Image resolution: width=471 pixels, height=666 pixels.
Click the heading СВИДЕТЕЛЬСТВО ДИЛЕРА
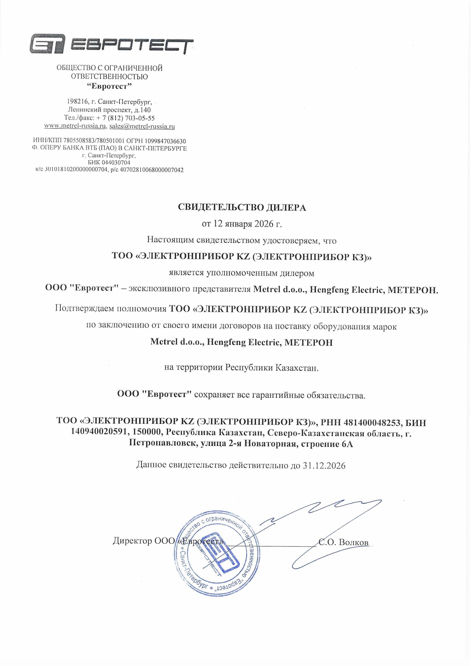[x=242, y=208]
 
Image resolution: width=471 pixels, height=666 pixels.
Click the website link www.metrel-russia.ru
[x=75, y=126]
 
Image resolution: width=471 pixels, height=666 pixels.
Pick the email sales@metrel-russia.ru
[x=142, y=126]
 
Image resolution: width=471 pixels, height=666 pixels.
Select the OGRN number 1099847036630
[x=165, y=141]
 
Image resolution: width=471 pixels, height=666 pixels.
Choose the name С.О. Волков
[x=344, y=542]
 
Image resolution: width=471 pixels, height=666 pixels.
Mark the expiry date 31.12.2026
[x=324, y=466]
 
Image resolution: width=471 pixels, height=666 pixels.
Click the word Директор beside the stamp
[x=132, y=541]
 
